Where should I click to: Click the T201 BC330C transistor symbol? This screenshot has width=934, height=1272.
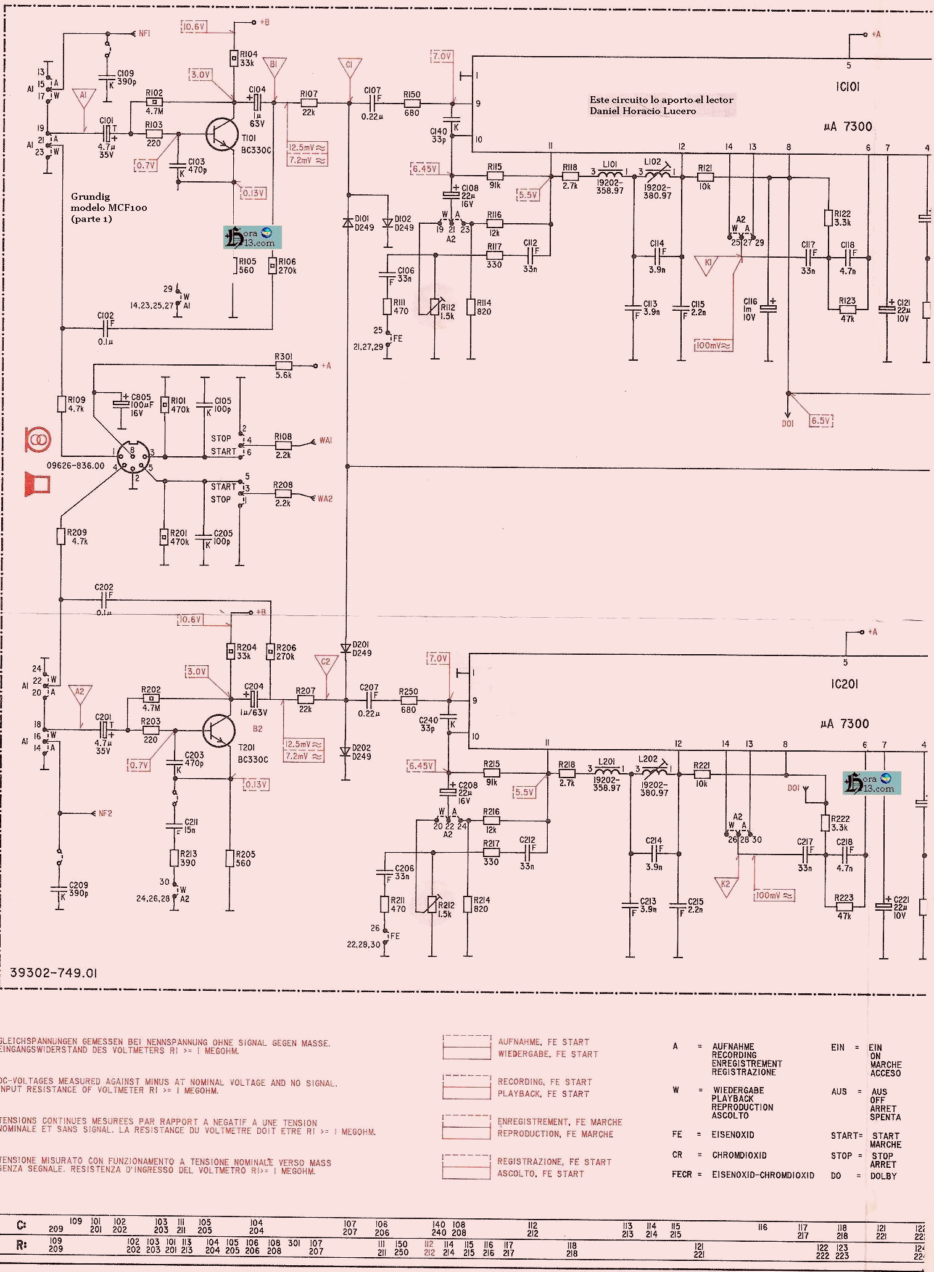point(219,731)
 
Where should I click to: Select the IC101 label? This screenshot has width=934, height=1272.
point(847,87)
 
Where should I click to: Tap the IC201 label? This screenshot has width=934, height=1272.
point(844,684)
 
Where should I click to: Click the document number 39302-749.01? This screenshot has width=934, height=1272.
point(54,973)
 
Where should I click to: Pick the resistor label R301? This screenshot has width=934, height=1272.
point(284,357)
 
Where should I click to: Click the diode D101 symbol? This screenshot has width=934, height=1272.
point(347,223)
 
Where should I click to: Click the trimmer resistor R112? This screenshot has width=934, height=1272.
point(436,305)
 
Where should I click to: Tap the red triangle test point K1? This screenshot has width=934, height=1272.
point(708,264)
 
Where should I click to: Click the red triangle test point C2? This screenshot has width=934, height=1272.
point(326,663)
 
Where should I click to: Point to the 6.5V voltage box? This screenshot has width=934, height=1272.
point(820,421)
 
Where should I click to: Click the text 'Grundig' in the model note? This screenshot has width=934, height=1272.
point(90,197)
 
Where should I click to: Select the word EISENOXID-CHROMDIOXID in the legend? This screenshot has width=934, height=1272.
point(762,1175)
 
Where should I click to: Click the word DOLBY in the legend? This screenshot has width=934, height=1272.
point(883,1175)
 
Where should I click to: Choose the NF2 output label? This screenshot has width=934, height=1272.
point(105,813)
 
